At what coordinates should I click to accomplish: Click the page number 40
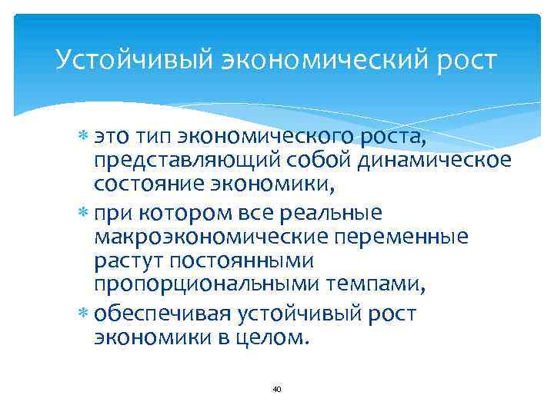click(x=277, y=390)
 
